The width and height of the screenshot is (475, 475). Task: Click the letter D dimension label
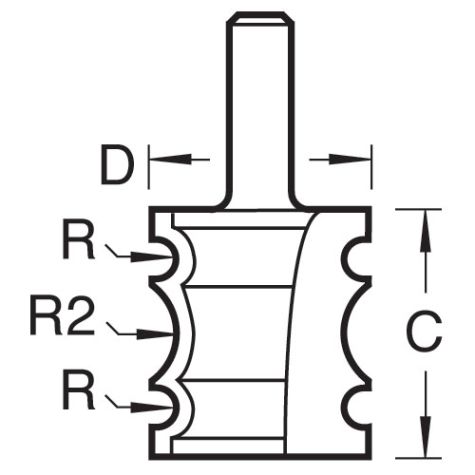(x=117, y=164)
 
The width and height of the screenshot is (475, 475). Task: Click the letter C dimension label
(x=424, y=332)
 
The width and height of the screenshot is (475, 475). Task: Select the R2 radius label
(x=62, y=315)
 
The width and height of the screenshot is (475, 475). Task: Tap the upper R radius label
(x=79, y=240)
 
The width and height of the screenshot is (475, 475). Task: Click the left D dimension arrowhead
(x=171, y=159)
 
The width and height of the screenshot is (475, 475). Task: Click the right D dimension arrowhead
(x=350, y=159)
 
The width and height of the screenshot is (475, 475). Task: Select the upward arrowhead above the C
(x=426, y=230)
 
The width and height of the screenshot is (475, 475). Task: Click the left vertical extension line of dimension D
(x=149, y=167)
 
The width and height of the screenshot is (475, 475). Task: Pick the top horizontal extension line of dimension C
(x=419, y=209)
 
